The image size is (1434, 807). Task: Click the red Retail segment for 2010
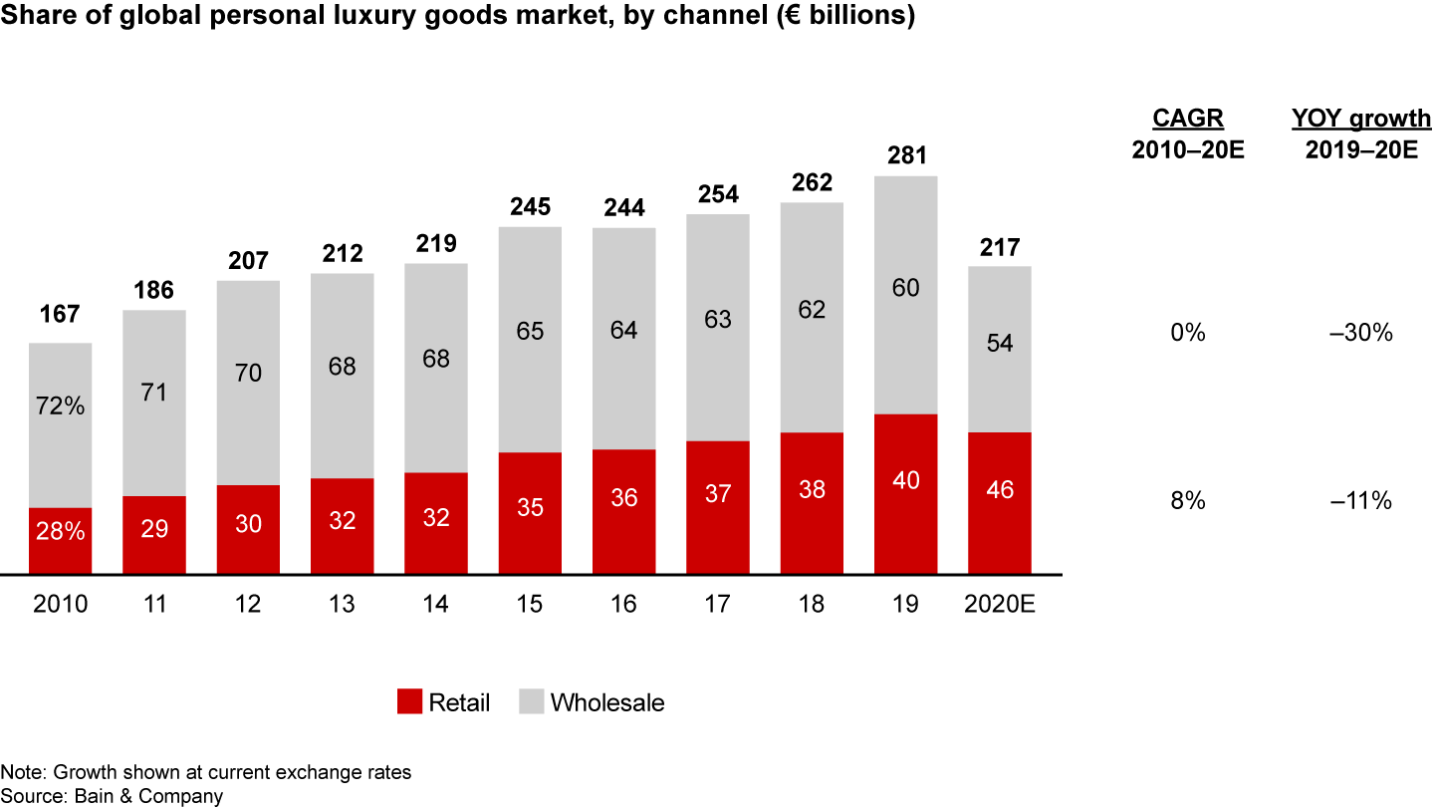point(60,541)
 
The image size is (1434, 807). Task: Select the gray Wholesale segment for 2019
point(905,295)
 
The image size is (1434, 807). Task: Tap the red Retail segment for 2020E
point(1000,503)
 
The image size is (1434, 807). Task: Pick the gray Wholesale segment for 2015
point(530,340)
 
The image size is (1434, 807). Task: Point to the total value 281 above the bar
point(905,156)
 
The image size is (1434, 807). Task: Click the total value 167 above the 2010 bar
point(60,315)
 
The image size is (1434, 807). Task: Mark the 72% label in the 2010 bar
point(60,405)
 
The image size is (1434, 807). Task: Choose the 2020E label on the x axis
point(1000,605)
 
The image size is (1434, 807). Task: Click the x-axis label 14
point(436,605)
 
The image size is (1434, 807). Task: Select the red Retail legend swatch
point(410,701)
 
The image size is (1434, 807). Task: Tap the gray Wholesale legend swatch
point(532,701)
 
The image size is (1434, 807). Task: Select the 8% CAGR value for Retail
point(1188,501)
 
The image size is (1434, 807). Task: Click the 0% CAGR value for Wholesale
point(1188,333)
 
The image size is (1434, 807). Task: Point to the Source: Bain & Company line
point(112,796)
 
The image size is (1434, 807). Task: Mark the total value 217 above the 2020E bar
point(1000,246)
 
